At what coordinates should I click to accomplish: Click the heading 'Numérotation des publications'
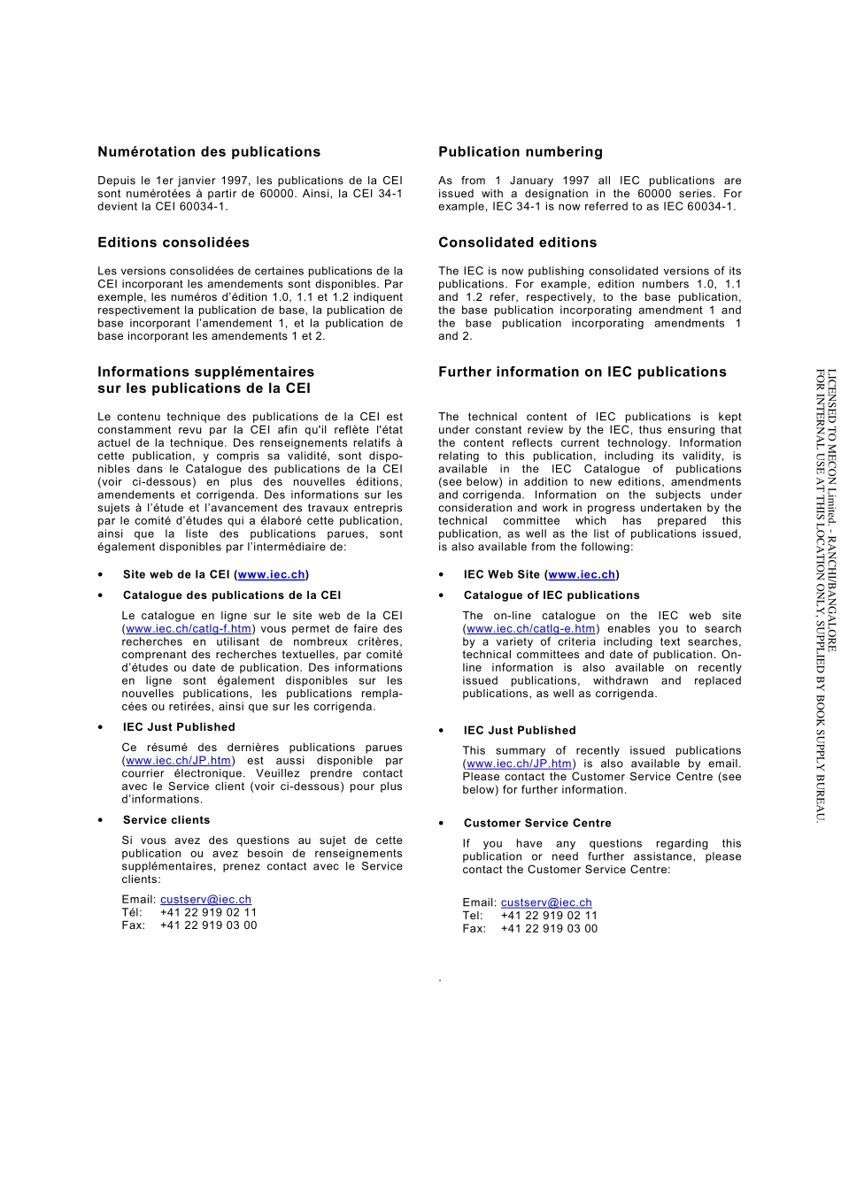click(x=209, y=152)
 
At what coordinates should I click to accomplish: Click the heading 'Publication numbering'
click(x=521, y=152)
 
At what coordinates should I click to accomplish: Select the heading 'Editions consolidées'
click(x=174, y=242)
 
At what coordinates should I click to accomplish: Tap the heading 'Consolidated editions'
click(x=518, y=242)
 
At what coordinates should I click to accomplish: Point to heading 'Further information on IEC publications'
click(x=583, y=372)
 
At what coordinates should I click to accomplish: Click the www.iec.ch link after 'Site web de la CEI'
click(x=272, y=575)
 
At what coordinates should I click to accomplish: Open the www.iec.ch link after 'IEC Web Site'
click(x=582, y=575)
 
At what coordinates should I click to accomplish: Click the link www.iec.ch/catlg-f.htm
click(x=189, y=629)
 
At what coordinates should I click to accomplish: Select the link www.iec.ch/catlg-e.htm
click(x=531, y=629)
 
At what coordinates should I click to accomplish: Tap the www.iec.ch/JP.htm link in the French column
click(x=179, y=761)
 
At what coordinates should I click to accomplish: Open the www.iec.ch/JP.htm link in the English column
click(x=520, y=764)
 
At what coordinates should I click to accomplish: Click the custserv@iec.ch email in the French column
click(x=205, y=900)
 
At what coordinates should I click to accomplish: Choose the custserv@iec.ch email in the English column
click(x=546, y=903)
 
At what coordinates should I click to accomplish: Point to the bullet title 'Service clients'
click(x=166, y=820)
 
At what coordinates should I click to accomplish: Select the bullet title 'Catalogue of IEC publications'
click(x=552, y=595)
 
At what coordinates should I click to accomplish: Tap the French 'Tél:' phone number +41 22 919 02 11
click(x=208, y=912)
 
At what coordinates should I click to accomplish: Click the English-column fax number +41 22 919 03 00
click(x=549, y=929)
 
